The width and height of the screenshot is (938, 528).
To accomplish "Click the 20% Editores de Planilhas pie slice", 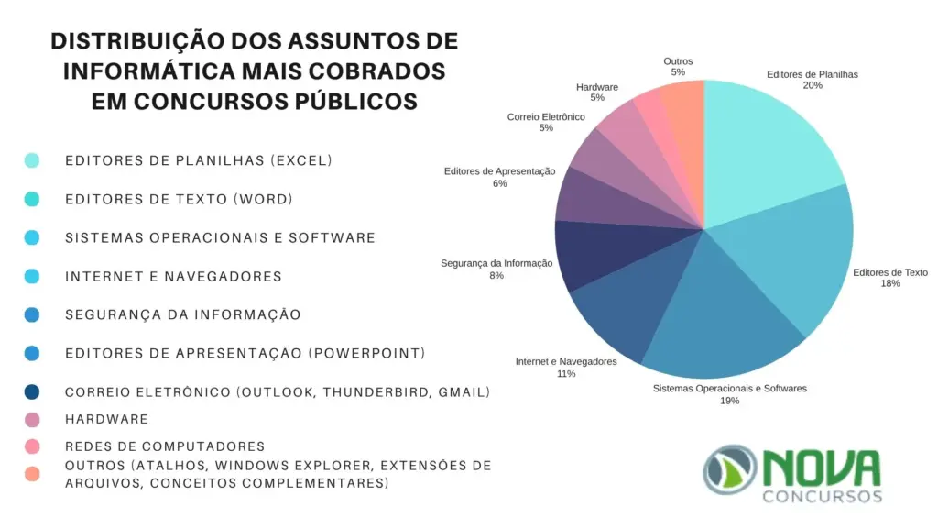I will (769, 147).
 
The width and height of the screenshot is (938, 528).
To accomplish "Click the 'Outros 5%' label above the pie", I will (678, 66).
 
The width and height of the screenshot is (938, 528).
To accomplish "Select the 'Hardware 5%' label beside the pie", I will (597, 92).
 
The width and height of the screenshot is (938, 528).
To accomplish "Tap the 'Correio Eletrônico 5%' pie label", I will (546, 122).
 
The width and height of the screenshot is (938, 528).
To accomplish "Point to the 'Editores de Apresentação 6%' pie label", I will (499, 177).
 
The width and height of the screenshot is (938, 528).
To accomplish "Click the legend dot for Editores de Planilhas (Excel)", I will (32, 161).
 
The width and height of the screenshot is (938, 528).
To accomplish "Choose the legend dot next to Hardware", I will (32, 420).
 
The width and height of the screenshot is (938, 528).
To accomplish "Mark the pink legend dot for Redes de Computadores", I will (32, 446).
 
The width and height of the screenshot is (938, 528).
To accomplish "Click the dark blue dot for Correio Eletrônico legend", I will (32, 392).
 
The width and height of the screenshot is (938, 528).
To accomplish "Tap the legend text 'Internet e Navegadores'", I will (173, 277).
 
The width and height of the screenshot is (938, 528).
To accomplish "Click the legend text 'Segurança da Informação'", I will (183, 315).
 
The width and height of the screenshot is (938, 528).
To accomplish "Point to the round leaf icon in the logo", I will (730, 470).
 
